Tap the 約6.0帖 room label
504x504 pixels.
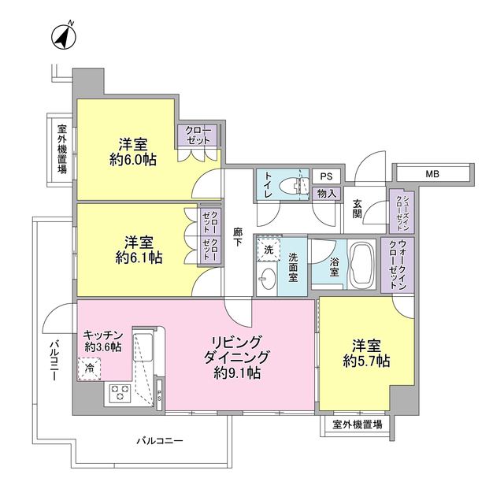point(132,152)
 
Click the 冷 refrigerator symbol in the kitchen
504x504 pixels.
point(89,367)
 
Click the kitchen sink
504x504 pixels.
point(145,344)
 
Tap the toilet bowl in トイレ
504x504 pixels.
point(300,186)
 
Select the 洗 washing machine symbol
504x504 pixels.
point(269,249)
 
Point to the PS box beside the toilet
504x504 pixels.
point(326,176)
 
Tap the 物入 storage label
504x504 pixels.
point(326,193)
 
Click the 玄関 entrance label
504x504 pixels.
point(358,208)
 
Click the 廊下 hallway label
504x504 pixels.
point(237,237)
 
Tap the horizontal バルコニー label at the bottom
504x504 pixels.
point(159,440)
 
